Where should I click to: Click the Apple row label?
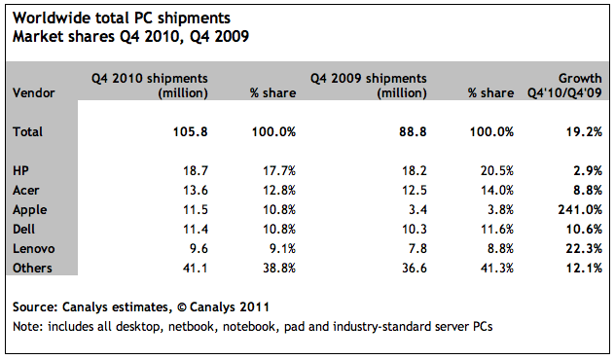(31, 209)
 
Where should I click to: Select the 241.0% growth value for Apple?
(580, 209)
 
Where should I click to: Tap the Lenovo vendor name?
(35, 248)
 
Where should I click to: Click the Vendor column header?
(34, 93)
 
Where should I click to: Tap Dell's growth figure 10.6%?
(584, 229)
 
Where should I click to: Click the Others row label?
(34, 268)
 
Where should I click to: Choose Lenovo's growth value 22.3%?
(584, 248)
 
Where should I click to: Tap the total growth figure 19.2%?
(584, 131)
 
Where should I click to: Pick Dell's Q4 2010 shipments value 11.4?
(195, 229)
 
